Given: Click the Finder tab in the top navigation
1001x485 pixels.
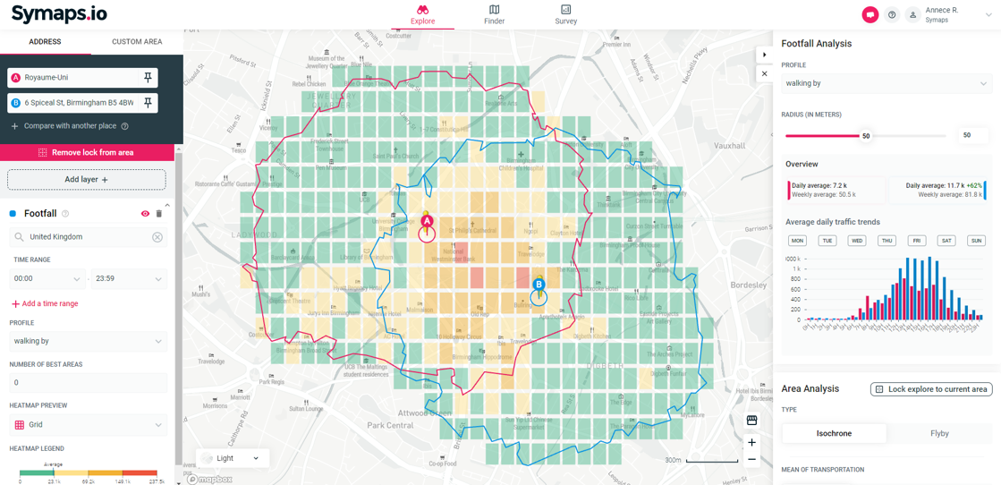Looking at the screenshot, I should click(x=494, y=14).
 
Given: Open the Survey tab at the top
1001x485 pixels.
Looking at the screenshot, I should click(x=565, y=14).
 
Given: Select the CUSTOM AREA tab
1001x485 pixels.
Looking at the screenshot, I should click(x=137, y=42).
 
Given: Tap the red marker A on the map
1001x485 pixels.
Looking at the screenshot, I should click(x=427, y=221).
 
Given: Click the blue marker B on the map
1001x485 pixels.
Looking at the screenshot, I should click(x=539, y=285).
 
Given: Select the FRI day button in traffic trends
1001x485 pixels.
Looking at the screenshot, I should click(x=917, y=241).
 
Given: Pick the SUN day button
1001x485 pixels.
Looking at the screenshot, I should click(x=976, y=241).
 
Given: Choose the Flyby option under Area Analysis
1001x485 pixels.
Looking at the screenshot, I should click(x=938, y=433).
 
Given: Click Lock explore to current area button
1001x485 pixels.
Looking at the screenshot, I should click(x=931, y=389).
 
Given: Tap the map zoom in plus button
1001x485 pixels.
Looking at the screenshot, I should click(x=751, y=442).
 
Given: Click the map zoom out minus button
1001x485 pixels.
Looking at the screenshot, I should click(x=751, y=459).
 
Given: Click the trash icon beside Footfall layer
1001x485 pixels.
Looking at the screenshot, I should click(x=159, y=214).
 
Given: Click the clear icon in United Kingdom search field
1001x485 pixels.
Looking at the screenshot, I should click(x=157, y=237).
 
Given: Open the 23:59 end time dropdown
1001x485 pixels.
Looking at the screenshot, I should click(x=128, y=279).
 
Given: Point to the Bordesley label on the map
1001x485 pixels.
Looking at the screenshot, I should click(x=749, y=285).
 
